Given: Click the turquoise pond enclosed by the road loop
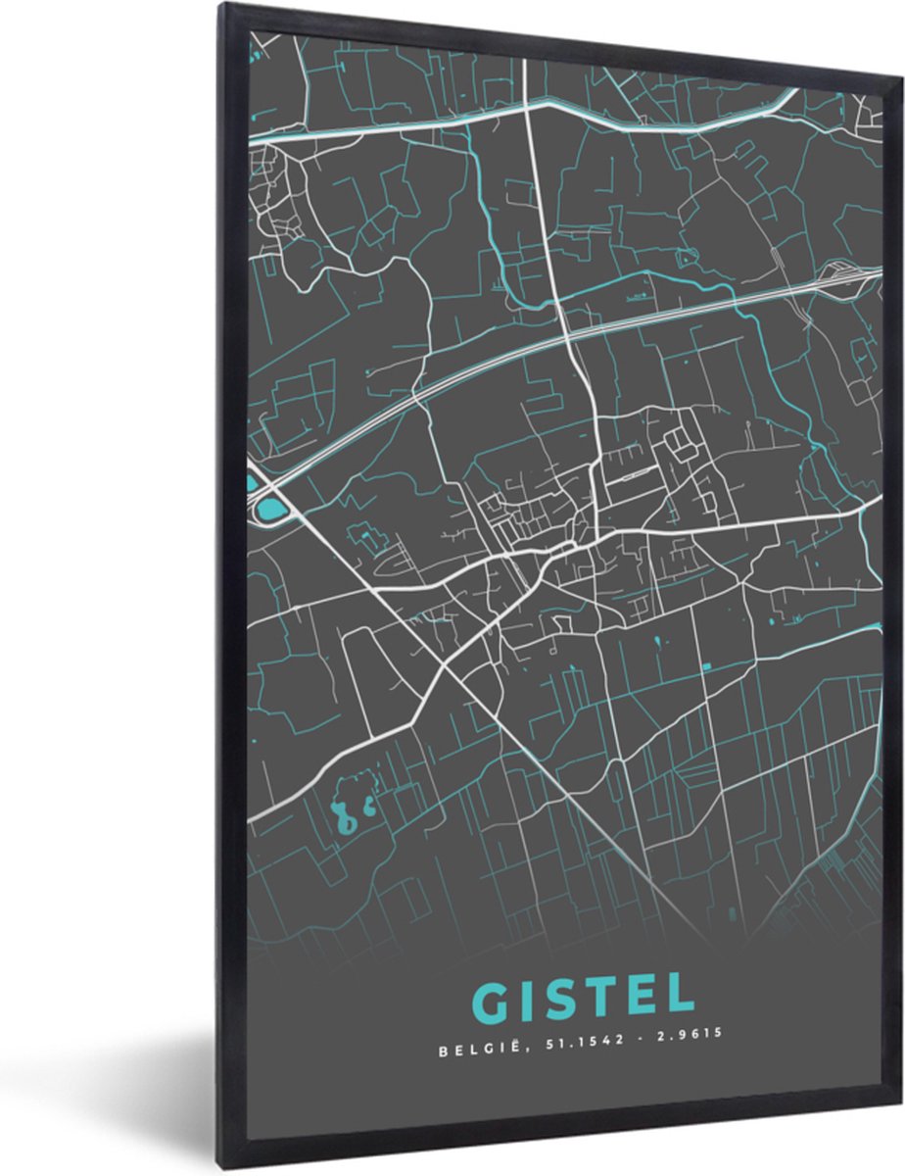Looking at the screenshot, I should click(x=269, y=509).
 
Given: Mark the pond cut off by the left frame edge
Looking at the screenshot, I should click(x=252, y=482).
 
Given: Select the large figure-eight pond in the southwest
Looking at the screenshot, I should click(x=342, y=814).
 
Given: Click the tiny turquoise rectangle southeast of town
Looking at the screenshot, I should click(x=705, y=667).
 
